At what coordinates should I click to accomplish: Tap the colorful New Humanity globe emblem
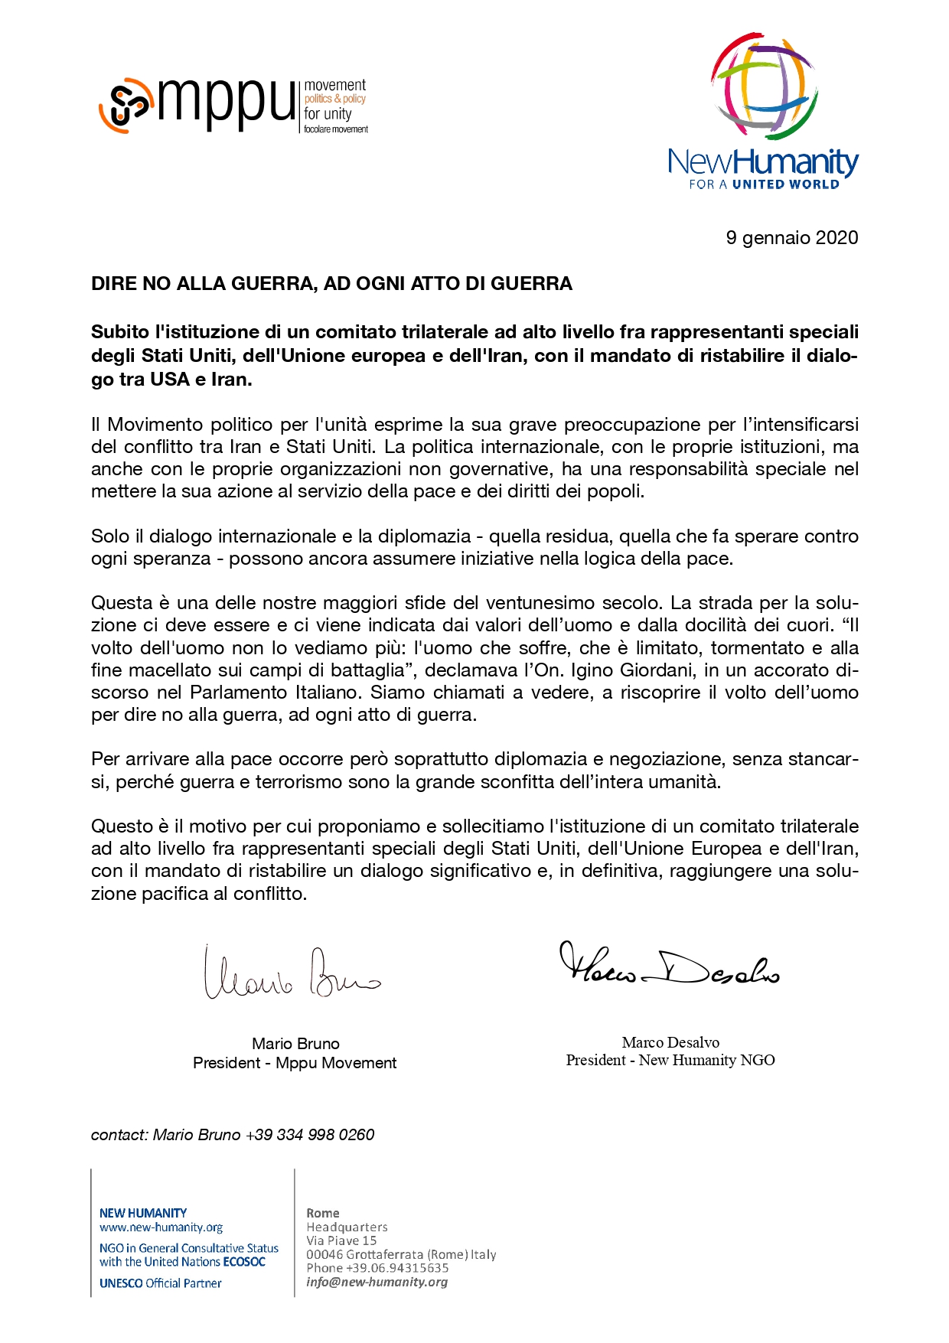[x=764, y=86]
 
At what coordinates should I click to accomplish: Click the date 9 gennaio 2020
[x=791, y=238]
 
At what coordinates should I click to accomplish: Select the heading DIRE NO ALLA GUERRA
[x=331, y=284]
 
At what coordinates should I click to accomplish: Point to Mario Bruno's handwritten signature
[x=291, y=974]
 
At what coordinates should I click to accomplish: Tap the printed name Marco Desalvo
[x=670, y=1042]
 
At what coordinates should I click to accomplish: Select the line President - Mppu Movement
[x=295, y=1063]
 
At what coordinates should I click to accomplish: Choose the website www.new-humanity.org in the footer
[x=161, y=1227]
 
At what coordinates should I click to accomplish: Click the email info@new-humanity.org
[x=377, y=1282]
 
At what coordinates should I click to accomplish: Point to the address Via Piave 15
[x=341, y=1240]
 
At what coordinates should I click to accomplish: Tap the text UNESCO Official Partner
[x=160, y=1283]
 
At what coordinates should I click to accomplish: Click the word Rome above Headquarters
[x=322, y=1213]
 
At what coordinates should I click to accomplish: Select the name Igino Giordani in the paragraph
[x=630, y=670]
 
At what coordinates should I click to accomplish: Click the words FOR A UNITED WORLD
[x=764, y=184]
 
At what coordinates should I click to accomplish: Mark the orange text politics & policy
[x=335, y=99]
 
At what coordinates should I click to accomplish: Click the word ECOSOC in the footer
[x=244, y=1262]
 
